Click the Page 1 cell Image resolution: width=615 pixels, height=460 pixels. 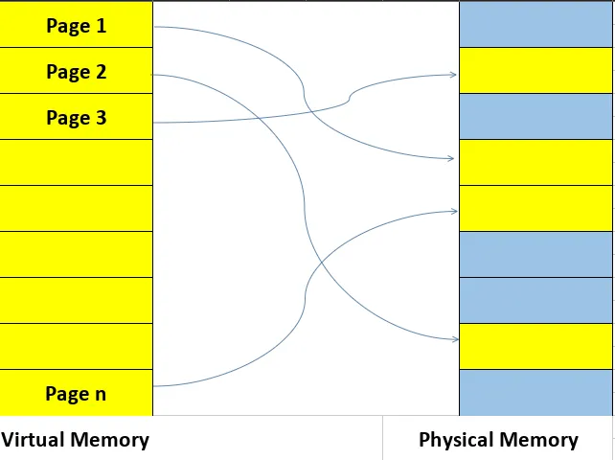click(76, 25)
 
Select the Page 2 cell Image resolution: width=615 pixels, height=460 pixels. click(76, 71)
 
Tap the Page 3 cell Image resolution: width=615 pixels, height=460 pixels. click(76, 117)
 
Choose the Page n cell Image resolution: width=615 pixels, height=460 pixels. click(76, 393)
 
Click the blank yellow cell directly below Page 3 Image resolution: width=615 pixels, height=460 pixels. click(76, 162)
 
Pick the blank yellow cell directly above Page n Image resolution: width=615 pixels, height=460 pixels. click(76, 346)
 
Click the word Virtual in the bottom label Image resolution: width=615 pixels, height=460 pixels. click(35, 440)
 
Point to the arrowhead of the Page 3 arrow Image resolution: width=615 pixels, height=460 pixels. click(454, 75)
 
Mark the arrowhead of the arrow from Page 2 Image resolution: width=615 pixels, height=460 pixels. click(454, 339)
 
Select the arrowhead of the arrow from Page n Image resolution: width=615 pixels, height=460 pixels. click(454, 211)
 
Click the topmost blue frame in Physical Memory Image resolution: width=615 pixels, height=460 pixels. click(535, 25)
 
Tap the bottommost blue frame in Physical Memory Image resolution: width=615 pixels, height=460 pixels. click(535, 393)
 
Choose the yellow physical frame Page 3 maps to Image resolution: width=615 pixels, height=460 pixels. click(535, 71)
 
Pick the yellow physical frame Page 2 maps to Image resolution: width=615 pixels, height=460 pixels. click(535, 346)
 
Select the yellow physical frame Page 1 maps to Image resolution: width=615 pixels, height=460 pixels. click(535, 162)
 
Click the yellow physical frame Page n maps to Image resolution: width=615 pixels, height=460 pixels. click(535, 208)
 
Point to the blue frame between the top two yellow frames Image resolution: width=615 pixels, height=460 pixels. click(535, 117)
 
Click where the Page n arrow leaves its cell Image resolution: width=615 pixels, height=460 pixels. click(155, 386)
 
